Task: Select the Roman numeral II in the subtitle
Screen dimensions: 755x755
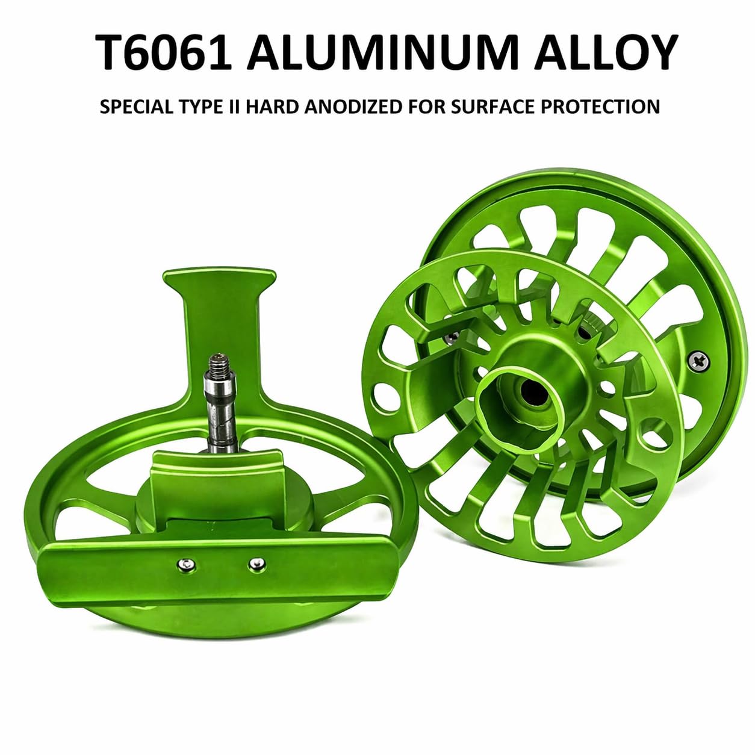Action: [x=235, y=107]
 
